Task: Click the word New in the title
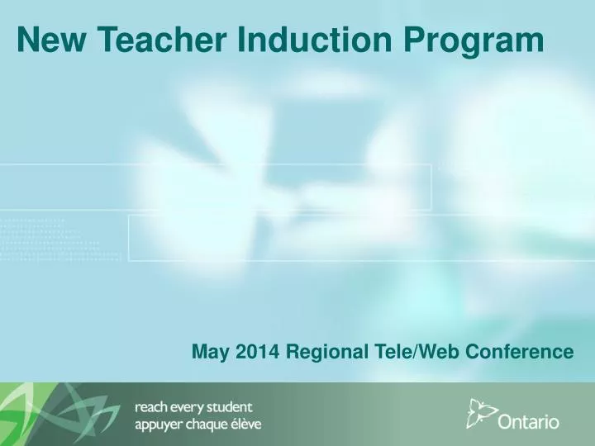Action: click(45, 40)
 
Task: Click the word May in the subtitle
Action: click(210, 353)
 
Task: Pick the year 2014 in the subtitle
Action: click(256, 351)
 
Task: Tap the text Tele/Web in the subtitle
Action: click(413, 351)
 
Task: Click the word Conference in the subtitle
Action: click(520, 351)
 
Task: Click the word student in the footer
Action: click(231, 407)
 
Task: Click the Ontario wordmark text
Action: click(529, 422)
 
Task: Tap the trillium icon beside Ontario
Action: click(480, 413)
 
